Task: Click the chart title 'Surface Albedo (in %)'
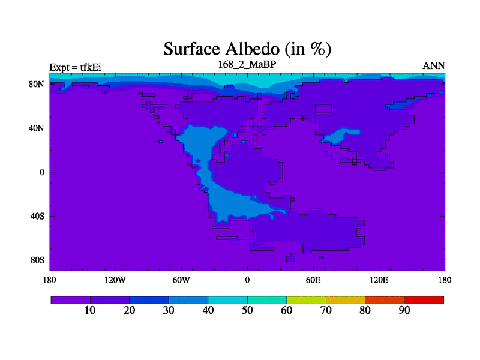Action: [247, 49]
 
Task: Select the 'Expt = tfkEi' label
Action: [76, 67]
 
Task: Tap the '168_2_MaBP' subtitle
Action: [247, 64]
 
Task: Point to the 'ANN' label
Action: [433, 66]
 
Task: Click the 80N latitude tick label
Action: [37, 84]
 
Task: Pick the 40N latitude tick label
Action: [37, 128]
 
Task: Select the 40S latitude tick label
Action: [37, 216]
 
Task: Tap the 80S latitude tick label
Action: [37, 260]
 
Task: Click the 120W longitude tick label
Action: [115, 280]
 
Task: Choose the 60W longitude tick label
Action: [181, 280]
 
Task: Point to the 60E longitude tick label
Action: [313, 280]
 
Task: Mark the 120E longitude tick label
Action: [379, 280]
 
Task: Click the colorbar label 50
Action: [247, 310]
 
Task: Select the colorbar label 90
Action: [404, 310]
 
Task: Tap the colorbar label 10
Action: [90, 310]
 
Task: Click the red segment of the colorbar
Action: [424, 300]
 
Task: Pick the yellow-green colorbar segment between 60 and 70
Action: [306, 300]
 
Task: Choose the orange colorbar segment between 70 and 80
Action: [346, 300]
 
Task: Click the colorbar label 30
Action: [169, 310]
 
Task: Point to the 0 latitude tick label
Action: [42, 172]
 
